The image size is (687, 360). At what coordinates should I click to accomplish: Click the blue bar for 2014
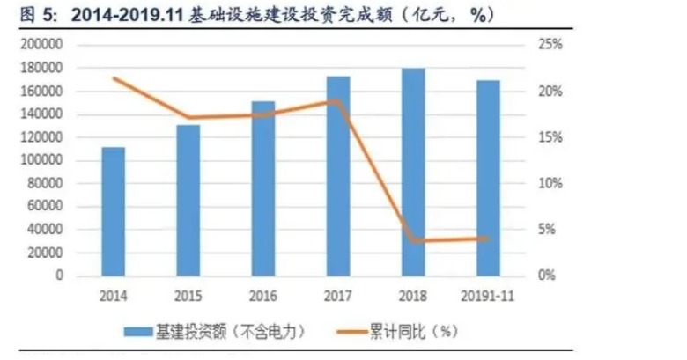pos(113,211)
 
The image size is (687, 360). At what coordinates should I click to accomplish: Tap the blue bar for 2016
pos(262,188)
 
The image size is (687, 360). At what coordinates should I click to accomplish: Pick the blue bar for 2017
pos(337,176)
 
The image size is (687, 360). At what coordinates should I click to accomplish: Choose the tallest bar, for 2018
pos(412,172)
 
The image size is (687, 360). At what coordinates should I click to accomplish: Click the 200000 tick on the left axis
pos(43,45)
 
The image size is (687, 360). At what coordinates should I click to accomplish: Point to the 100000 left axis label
pos(43,161)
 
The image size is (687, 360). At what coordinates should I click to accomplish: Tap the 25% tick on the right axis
pos(550,45)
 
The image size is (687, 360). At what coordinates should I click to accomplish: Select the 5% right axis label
pos(547,230)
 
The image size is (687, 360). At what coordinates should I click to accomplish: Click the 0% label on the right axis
pos(547,276)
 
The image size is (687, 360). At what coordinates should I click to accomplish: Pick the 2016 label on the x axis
pos(262,294)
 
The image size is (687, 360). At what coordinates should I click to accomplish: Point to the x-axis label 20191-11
pos(487,294)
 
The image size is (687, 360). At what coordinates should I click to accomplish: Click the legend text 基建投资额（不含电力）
pos(229,332)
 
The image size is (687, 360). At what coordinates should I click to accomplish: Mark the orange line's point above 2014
pos(113,78)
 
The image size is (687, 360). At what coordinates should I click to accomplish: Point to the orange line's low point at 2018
pos(412,240)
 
